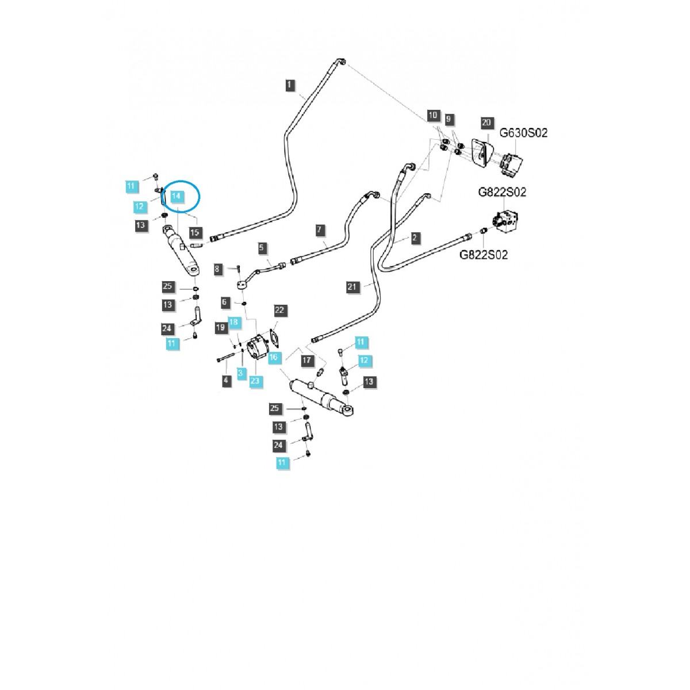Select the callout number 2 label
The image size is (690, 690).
(415, 237)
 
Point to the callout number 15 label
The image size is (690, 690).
(195, 232)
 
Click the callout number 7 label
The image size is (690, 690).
(321, 230)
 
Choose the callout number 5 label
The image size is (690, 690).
(262, 248)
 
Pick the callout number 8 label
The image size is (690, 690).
(217, 269)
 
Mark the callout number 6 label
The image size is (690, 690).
(225, 302)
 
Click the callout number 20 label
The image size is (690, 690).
(486, 122)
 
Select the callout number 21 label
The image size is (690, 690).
(352, 286)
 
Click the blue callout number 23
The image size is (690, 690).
(255, 380)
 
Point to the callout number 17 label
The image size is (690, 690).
(307, 361)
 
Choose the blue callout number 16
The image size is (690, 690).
(273, 357)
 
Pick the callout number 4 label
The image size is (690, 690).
(226, 380)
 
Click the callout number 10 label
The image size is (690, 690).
(432, 116)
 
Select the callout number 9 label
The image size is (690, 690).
(450, 119)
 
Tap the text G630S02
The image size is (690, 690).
(523, 133)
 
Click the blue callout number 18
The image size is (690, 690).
(234, 323)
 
